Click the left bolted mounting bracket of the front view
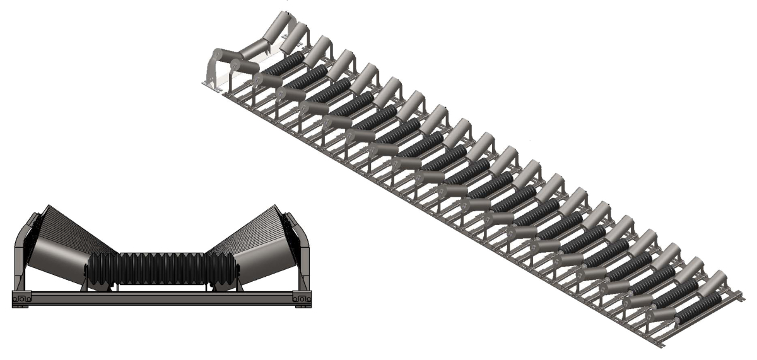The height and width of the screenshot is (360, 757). click(21, 298)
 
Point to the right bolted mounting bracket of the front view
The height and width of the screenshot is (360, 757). click(302, 298)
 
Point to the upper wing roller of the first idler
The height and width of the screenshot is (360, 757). click(278, 25)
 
